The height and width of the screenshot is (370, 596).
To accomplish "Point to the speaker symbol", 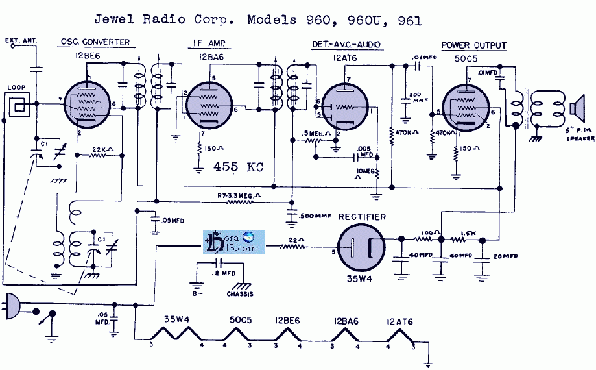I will click(x=576, y=108).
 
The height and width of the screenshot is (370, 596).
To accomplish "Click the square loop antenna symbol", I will click(x=17, y=104).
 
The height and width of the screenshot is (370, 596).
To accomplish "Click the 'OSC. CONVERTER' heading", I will click(x=95, y=43).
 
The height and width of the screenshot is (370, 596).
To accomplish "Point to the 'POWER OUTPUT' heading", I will click(x=474, y=45).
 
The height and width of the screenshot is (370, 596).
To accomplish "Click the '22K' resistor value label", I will click(x=99, y=149).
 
